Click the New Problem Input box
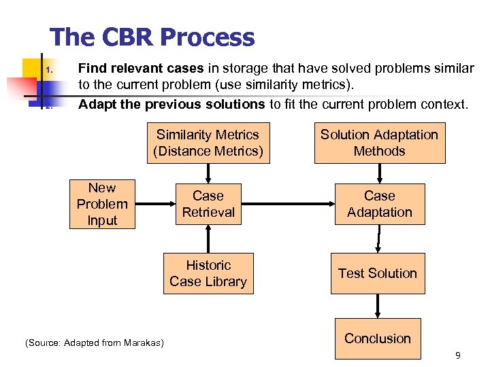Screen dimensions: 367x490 click(102, 204)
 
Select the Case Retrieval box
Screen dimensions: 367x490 click(208, 204)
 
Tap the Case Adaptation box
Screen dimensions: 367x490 click(379, 204)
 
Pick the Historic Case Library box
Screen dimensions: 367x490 click(208, 273)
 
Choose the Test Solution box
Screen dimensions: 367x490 click(377, 273)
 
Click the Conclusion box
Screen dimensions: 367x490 click(377, 338)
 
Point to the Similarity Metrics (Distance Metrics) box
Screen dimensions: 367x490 click(208, 143)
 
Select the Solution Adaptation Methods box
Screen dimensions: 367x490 click(379, 143)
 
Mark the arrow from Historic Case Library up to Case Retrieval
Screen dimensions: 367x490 click(208, 239)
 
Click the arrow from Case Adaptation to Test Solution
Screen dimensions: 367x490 click(379, 239)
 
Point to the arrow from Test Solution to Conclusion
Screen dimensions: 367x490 click(378, 306)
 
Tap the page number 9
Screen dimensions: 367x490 click(458, 355)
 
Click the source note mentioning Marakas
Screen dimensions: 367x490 click(95, 343)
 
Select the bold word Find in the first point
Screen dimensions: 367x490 click(93, 68)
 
